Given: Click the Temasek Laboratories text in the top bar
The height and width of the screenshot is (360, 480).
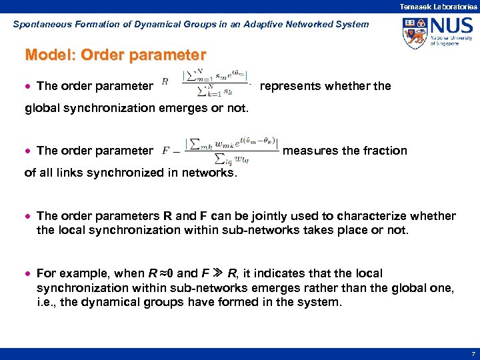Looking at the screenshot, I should (x=438, y=6).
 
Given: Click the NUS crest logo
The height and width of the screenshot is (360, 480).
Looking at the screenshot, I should (x=414, y=33).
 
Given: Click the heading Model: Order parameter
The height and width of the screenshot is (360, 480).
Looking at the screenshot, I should (x=115, y=54).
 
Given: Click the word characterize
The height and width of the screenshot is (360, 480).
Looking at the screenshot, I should (x=383, y=216).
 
